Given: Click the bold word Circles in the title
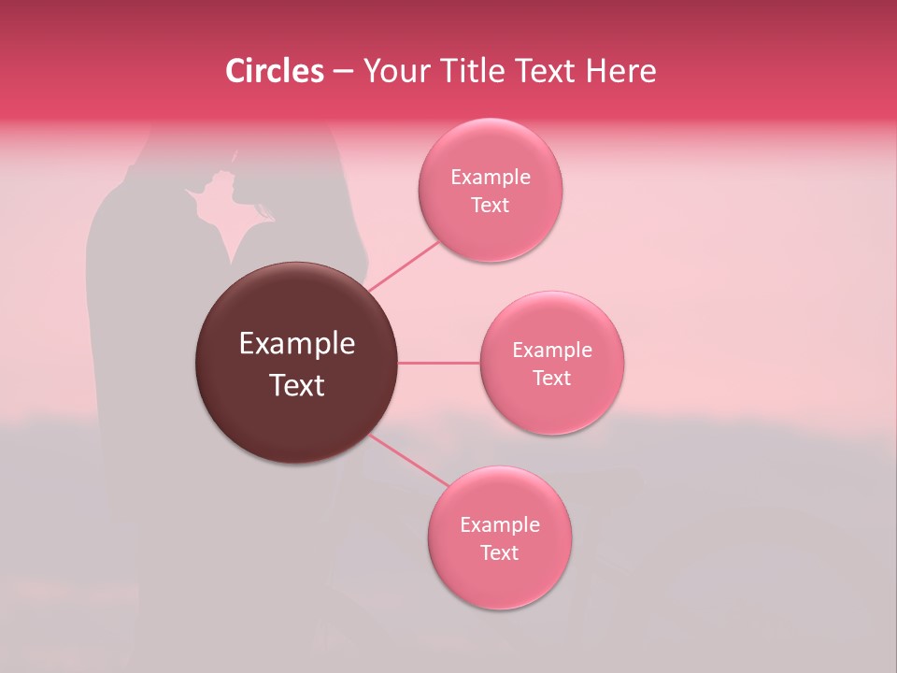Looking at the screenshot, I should point(274,71).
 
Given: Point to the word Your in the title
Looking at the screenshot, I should point(393,71).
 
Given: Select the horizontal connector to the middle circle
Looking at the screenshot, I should point(439,363).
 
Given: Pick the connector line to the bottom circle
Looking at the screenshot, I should point(408,460).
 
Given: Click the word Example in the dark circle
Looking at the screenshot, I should point(296,344).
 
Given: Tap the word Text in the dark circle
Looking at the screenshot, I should point(296,385).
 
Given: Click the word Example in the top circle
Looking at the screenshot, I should point(490,178).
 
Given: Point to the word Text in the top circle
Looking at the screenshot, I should point(490,206).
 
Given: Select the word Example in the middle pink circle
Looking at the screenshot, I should point(552,351).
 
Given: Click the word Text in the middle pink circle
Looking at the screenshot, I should point(552,379).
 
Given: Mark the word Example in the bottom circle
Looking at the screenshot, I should point(499,525).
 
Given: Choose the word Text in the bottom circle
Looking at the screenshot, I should point(499,553).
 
